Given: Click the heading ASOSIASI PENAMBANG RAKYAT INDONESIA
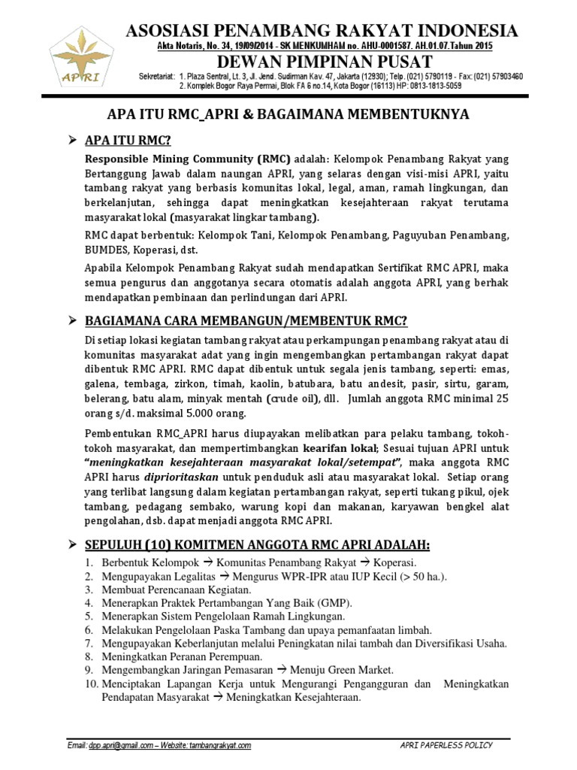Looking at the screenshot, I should [322, 31].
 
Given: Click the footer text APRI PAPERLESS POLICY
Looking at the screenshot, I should [446, 745].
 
